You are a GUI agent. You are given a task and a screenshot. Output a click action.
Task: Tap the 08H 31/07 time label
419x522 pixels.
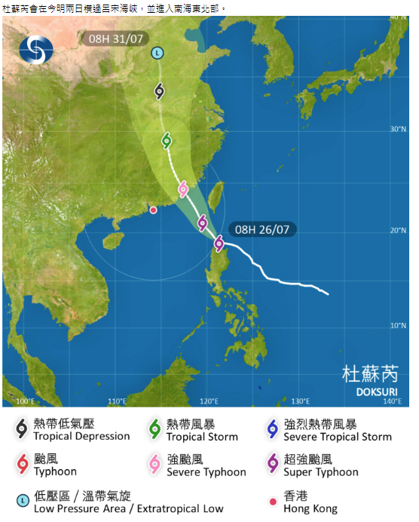click(x=115, y=38)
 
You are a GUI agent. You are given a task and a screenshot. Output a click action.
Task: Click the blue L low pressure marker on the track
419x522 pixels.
click(x=157, y=53)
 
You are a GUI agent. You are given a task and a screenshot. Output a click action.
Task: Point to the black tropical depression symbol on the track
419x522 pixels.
click(x=160, y=91)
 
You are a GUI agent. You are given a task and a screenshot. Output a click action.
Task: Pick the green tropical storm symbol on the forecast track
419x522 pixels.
click(x=167, y=140)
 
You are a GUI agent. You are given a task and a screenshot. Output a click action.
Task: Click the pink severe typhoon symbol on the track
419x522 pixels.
click(x=182, y=189)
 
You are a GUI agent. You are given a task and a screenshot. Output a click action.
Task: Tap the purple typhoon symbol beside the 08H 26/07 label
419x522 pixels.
click(x=219, y=243)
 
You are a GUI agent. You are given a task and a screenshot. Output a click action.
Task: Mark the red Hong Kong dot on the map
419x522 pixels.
click(x=153, y=210)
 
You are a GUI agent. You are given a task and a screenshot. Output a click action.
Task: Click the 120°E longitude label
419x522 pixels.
click(x=209, y=401)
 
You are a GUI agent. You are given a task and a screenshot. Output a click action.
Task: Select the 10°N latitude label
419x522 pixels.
click(x=398, y=325)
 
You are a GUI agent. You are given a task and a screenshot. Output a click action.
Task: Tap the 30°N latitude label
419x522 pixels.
click(x=398, y=129)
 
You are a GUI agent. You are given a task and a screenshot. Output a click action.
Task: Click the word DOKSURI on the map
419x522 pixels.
click(x=375, y=391)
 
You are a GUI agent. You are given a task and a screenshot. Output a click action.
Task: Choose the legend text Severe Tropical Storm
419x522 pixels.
click(x=338, y=437)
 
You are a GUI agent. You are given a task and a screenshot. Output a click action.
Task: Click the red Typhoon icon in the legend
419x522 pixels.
click(x=22, y=464)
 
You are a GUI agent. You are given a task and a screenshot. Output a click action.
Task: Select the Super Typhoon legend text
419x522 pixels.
click(x=321, y=472)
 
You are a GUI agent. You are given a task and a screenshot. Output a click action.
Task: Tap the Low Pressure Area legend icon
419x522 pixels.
click(x=22, y=500)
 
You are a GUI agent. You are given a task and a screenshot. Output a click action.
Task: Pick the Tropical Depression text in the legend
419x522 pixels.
click(x=81, y=436)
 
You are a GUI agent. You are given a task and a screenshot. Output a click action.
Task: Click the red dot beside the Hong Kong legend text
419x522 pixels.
click(x=272, y=500)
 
